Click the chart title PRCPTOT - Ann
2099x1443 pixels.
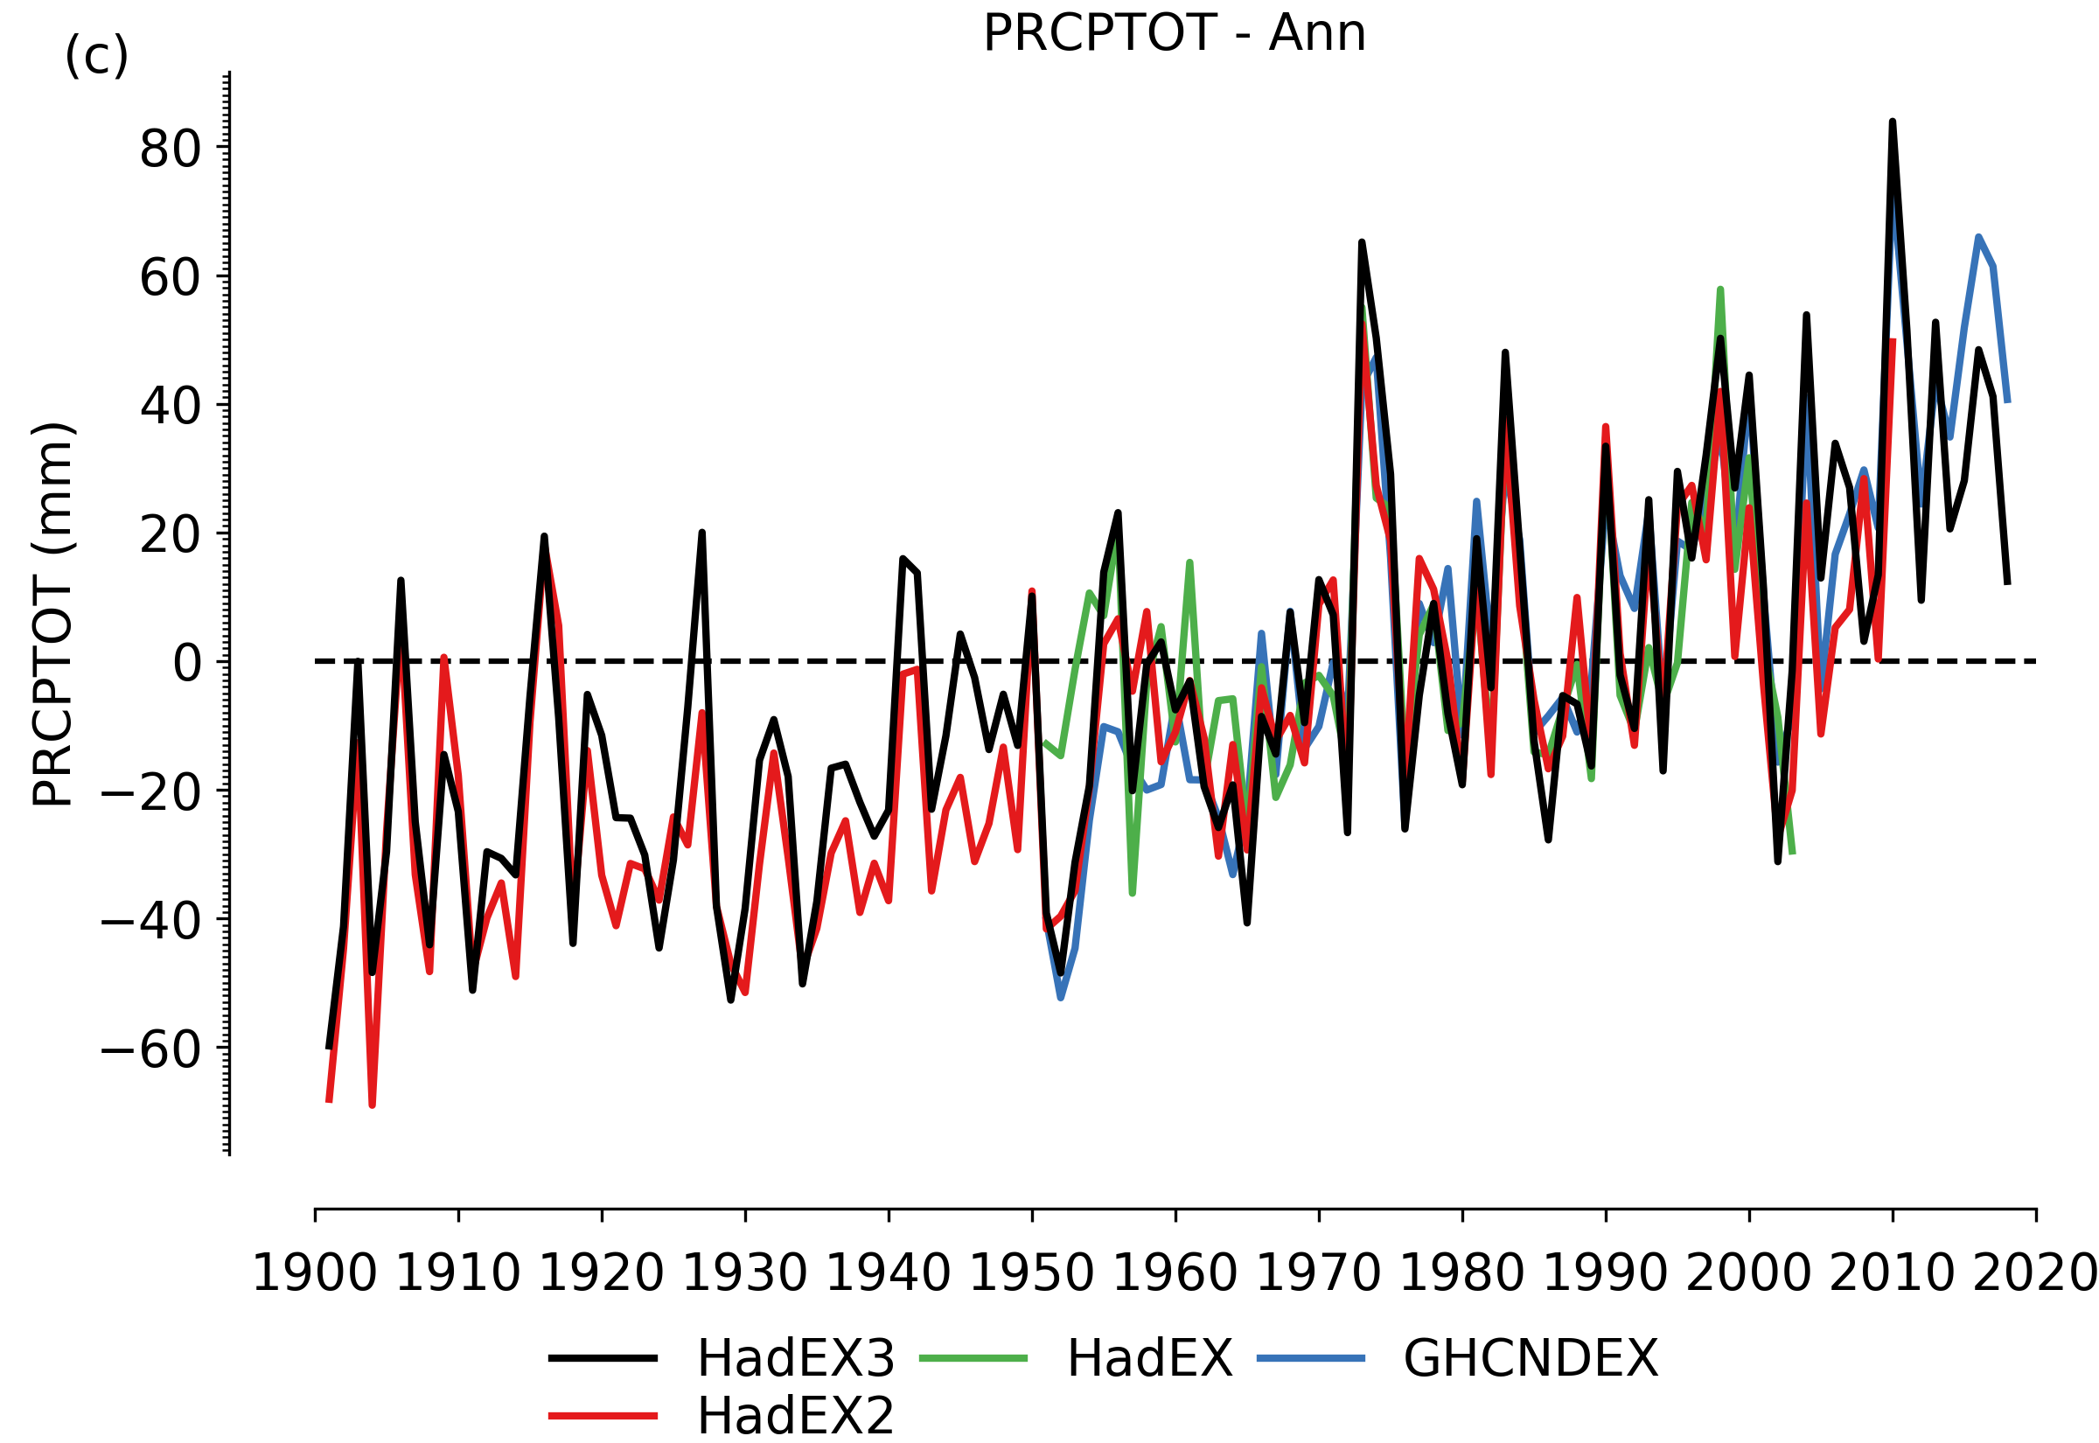coord(1174,33)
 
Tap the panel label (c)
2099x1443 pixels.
coord(97,57)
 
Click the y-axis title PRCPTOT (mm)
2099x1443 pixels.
coord(52,614)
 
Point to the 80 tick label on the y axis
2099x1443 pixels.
coord(170,150)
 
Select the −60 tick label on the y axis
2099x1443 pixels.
coord(151,1050)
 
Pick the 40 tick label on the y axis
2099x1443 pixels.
coord(170,407)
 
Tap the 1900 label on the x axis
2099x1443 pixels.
coord(315,1274)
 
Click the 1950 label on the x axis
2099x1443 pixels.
coord(1032,1274)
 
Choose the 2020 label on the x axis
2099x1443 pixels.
coord(2036,1274)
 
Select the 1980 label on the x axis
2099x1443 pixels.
coord(1462,1274)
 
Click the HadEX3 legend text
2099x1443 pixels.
coord(796,1358)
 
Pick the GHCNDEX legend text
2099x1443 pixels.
coord(1531,1358)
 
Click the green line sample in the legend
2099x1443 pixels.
coord(973,1359)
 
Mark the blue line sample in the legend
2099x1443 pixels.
coord(1311,1359)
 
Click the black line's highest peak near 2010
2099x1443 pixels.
coord(1892,122)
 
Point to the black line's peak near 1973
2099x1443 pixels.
coord(1362,242)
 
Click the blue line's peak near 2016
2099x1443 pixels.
coord(1977,237)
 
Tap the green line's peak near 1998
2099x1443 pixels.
coord(1720,289)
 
